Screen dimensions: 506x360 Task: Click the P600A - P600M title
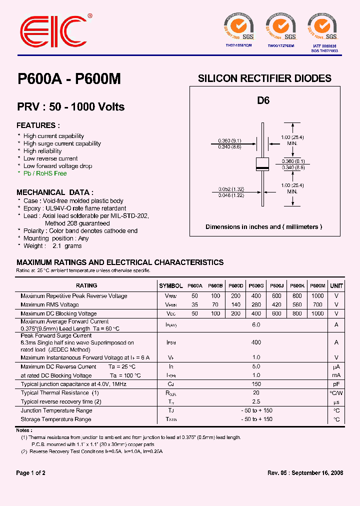[69, 79]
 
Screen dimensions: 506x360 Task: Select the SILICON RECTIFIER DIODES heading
[264, 78]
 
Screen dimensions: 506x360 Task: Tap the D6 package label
[263, 100]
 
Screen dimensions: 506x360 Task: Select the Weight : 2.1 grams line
[52, 246]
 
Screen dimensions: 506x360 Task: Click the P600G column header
[255, 286]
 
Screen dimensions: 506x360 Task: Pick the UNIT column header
[336, 286]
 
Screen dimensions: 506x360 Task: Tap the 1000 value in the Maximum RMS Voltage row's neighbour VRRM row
[317, 296]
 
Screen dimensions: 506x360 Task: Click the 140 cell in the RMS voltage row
[235, 304]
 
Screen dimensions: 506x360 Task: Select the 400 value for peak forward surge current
[256, 342]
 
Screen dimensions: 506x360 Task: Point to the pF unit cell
[336, 384]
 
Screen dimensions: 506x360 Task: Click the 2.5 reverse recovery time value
[256, 401]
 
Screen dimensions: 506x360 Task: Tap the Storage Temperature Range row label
[56, 419]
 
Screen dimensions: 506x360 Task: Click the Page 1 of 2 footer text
[31, 473]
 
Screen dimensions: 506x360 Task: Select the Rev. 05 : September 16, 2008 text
[305, 473]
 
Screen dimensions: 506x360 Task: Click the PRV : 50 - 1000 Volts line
[70, 107]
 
